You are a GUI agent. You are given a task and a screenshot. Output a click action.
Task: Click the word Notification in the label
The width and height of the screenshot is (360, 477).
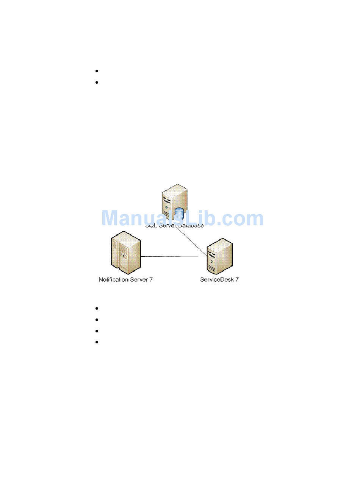coord(114,280)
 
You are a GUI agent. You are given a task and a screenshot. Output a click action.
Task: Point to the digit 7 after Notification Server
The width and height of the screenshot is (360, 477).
coord(151,280)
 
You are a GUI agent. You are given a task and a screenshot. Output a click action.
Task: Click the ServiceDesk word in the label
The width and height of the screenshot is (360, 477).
coord(216,280)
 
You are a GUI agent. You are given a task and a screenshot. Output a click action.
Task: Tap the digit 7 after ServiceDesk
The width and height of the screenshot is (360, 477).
coord(237,280)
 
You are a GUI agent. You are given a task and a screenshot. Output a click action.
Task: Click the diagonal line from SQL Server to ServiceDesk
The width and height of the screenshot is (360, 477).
coord(191,242)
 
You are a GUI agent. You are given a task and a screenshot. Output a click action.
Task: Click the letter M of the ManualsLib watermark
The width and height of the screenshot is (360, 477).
coord(111,218)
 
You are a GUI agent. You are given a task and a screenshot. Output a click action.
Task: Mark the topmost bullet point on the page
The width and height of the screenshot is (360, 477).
coord(97,71)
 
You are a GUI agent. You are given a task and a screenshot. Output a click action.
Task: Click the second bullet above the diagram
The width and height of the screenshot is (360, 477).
coord(97,82)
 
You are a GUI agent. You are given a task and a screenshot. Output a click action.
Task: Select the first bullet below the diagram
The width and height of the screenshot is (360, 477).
coord(97,308)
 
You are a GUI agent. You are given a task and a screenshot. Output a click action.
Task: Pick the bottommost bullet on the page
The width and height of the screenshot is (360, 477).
coord(97,342)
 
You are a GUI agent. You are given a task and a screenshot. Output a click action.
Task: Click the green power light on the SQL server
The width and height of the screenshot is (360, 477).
coord(166,207)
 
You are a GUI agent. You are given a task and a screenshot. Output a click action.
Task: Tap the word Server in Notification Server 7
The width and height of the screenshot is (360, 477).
coord(139,280)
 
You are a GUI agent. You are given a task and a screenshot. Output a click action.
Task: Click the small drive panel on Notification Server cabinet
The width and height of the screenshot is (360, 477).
coord(122,255)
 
